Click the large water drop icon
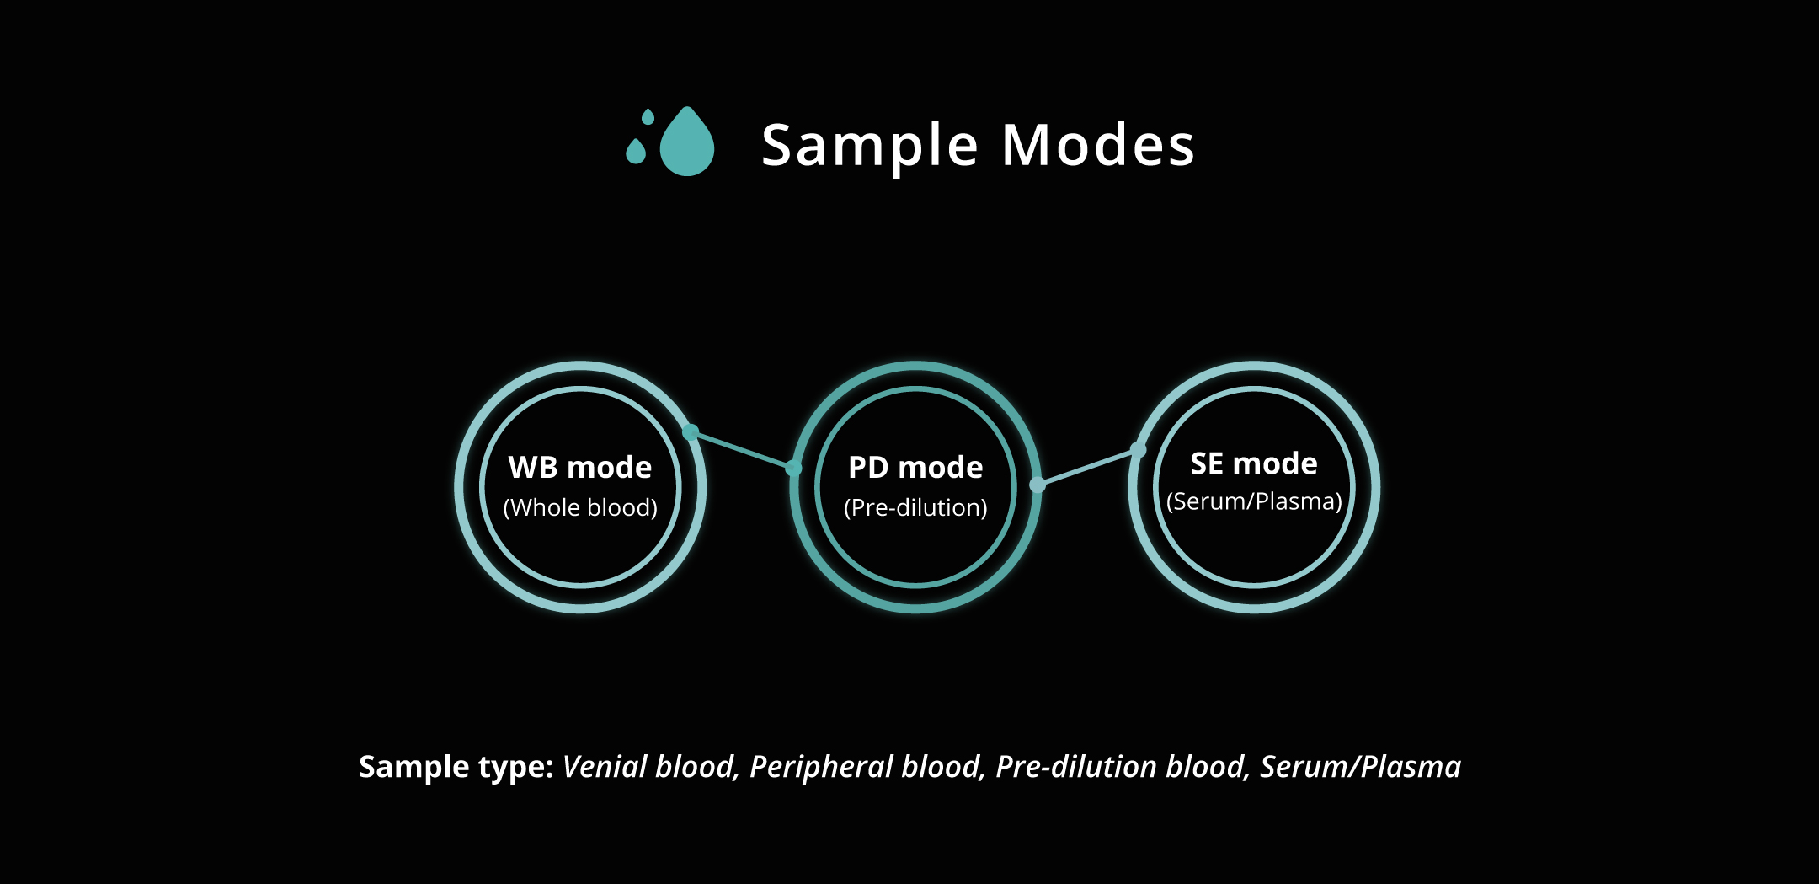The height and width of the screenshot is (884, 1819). (687, 143)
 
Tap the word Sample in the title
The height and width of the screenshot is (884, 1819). (870, 147)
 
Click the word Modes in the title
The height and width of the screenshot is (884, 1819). (1098, 145)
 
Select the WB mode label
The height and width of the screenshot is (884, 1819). (580, 467)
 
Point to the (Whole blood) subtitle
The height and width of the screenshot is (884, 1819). (580, 507)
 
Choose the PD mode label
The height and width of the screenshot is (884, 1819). (915, 467)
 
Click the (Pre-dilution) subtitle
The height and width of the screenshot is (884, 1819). (915, 507)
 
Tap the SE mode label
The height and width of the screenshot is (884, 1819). (1254, 463)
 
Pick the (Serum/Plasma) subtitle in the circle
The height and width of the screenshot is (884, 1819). (1254, 501)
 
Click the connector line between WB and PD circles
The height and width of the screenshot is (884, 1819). (742, 450)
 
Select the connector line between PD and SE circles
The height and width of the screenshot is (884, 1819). (1088, 467)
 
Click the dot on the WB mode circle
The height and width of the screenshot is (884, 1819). (691, 432)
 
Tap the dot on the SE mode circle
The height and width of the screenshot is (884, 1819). (1139, 450)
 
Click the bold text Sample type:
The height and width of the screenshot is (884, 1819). (456, 768)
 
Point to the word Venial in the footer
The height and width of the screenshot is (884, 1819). (605, 767)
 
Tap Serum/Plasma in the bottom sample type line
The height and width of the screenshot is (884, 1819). (1361, 768)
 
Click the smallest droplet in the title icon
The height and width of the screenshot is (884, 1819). (648, 116)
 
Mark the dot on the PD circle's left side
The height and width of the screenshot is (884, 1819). (794, 468)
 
